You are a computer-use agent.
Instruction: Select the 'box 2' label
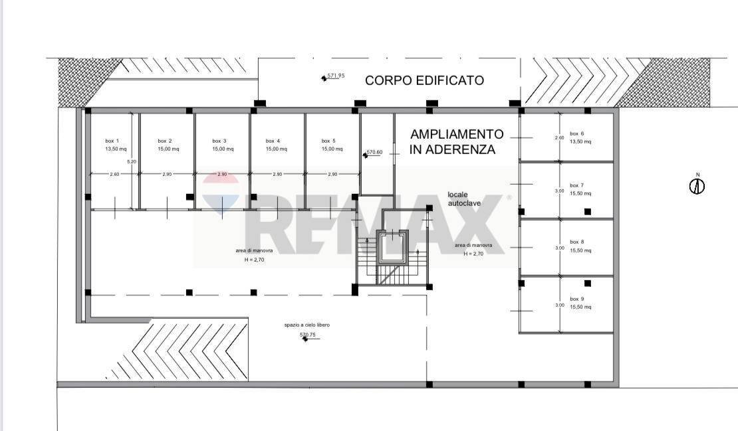tap(165, 141)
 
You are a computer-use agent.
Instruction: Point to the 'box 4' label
tap(273, 141)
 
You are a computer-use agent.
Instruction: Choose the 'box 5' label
tap(328, 141)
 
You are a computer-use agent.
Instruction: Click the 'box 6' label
tap(577, 133)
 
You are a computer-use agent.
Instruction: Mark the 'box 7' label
tap(577, 185)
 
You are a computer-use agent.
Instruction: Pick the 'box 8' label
tap(577, 242)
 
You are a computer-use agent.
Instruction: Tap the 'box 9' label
tap(577, 299)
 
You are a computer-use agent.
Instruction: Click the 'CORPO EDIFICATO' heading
tap(424, 80)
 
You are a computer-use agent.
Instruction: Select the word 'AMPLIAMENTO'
tap(457, 134)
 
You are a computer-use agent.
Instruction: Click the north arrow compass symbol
tap(697, 186)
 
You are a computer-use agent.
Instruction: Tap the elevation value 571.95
tap(336, 76)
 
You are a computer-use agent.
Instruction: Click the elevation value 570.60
tap(375, 152)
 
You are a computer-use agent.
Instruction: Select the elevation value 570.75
tap(307, 335)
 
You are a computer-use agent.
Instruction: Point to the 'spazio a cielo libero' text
tap(307, 325)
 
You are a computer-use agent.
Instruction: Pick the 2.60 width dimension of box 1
tap(114, 174)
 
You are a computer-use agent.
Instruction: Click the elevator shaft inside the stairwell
tap(390, 246)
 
